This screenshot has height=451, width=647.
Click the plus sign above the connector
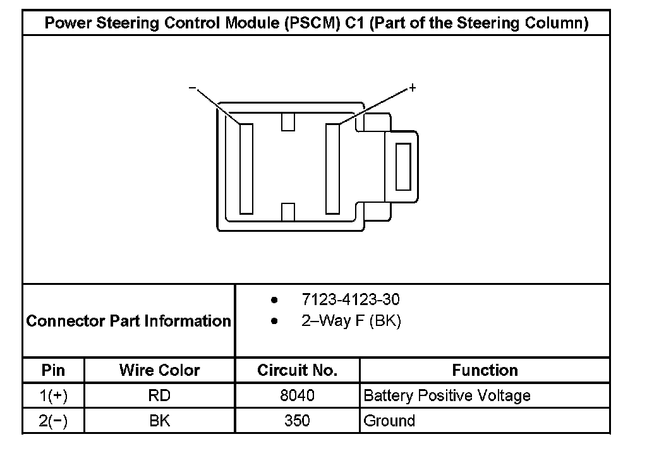click(413, 87)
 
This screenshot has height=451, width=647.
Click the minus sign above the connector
click(192, 87)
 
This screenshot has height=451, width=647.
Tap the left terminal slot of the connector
click(246, 169)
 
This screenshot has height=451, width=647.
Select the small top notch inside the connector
click(289, 121)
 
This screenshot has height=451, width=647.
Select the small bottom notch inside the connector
click(289, 212)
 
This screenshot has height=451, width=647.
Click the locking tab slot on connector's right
click(402, 166)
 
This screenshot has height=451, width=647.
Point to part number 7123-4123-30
click(351, 299)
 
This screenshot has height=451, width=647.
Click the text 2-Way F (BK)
click(351, 321)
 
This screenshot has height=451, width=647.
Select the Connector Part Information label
click(129, 321)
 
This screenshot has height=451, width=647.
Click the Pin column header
click(53, 370)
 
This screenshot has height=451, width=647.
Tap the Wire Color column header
click(159, 370)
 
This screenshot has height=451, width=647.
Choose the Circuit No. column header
click(297, 370)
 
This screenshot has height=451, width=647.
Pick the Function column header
click(485, 370)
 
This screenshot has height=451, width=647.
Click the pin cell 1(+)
click(53, 396)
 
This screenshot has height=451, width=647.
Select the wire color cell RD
click(159, 396)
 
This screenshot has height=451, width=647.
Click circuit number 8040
click(297, 396)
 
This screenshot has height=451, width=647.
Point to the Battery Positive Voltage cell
click(447, 396)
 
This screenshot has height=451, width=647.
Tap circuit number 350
click(297, 421)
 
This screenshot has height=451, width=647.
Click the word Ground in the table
click(389, 421)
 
